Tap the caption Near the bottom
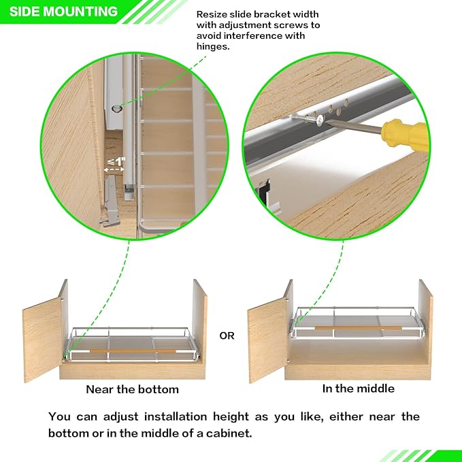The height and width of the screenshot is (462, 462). (x=132, y=390)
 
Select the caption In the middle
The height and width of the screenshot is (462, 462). (x=358, y=389)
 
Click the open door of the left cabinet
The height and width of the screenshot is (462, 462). (x=43, y=334)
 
